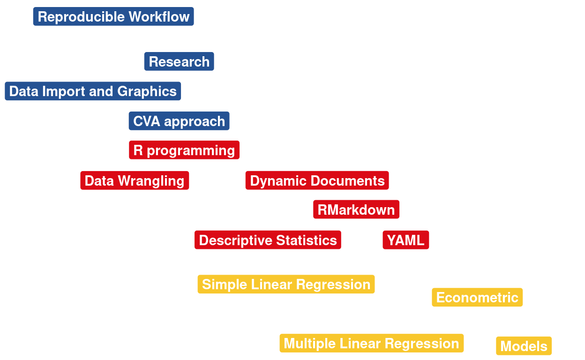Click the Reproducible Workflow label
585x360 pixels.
click(113, 16)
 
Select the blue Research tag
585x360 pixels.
click(179, 61)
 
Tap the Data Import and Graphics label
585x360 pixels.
click(93, 91)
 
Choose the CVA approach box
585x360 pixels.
click(179, 121)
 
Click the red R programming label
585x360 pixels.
click(184, 150)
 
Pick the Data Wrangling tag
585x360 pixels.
click(135, 180)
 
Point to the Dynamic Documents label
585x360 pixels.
click(317, 180)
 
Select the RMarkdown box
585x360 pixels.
click(356, 209)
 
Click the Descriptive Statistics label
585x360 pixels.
click(268, 240)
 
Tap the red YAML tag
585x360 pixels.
click(406, 240)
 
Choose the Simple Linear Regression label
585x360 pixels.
click(286, 284)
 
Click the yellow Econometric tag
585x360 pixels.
click(477, 297)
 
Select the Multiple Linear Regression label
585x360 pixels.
click(372, 343)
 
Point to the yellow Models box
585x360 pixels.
click(524, 346)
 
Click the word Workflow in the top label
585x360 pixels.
click(159, 17)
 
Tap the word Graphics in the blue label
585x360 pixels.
click(147, 92)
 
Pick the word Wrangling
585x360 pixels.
click(151, 181)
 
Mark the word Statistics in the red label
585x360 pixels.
click(307, 240)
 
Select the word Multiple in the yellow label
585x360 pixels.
click(309, 344)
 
